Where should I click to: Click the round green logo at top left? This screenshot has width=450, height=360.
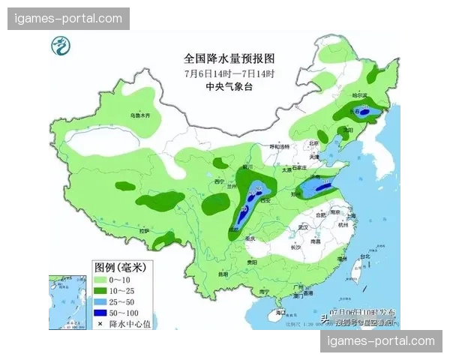click(59, 48)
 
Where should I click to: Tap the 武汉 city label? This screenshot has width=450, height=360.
click(303, 226)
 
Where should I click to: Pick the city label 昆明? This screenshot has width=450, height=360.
click(223, 274)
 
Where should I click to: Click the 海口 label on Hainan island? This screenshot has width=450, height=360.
click(280, 311)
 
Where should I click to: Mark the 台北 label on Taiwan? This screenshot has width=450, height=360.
click(365, 256)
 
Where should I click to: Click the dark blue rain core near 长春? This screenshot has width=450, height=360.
click(365, 112)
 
